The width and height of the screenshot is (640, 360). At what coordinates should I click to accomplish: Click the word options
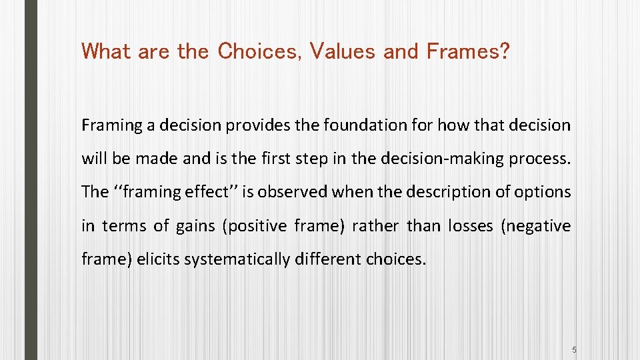pos(545,192)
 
